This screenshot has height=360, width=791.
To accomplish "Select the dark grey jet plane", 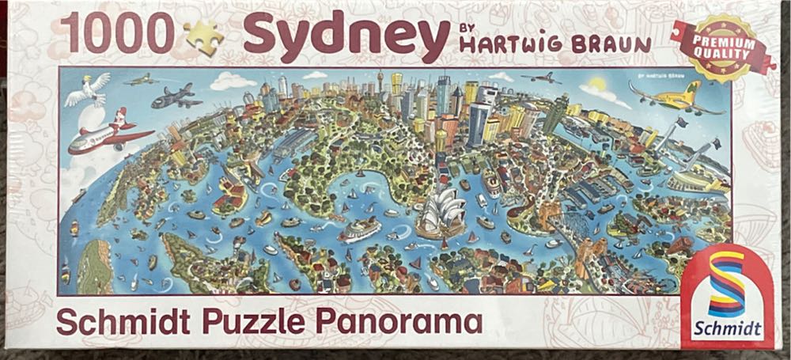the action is pyautogui.click(x=176, y=97).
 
